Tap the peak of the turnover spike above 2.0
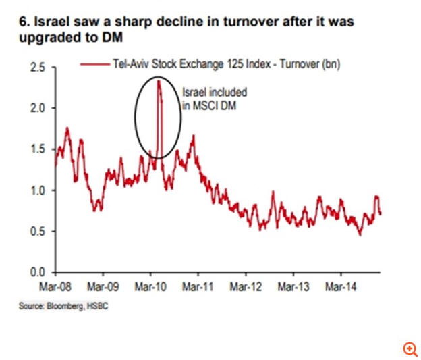point(158,81)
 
